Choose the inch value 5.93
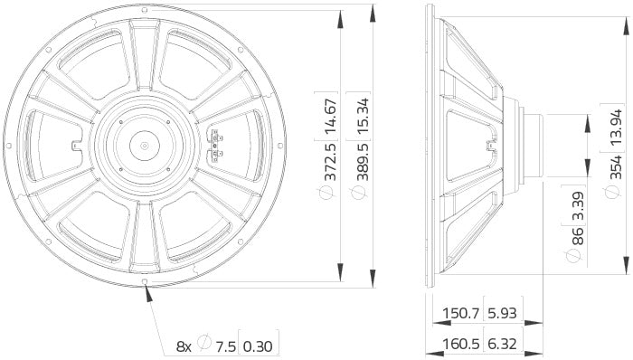[504, 315]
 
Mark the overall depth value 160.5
[459, 345]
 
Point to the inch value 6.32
[504, 345]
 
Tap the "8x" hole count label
[184, 345]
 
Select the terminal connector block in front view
[216, 145]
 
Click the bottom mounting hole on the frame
[146, 289]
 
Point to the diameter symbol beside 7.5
[205, 345]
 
